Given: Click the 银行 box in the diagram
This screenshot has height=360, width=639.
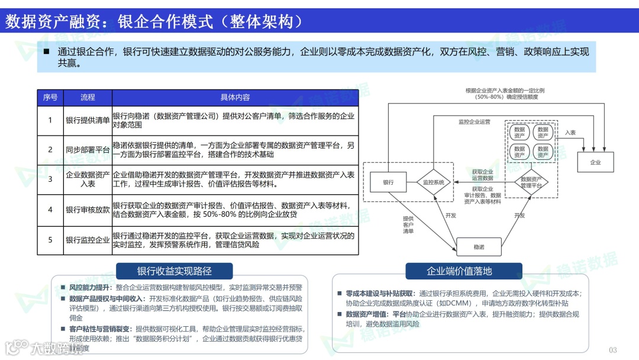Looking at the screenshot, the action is click(x=388, y=182).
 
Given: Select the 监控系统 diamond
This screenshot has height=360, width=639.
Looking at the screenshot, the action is click(x=434, y=182).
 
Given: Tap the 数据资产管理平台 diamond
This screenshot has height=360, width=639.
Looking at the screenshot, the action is click(x=531, y=182).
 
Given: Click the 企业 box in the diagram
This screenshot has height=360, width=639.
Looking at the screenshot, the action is click(x=595, y=162).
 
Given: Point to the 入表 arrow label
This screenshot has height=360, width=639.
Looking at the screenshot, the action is click(x=570, y=133).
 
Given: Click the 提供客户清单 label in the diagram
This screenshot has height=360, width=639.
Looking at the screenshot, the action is click(x=408, y=225).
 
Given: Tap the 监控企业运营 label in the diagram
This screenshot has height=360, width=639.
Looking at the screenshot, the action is click(x=475, y=122).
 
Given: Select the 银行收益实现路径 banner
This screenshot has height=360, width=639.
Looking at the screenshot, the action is click(x=175, y=271).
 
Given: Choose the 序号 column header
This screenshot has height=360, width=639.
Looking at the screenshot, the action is click(x=50, y=97).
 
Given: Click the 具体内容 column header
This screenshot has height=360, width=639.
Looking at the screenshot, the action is click(x=235, y=97).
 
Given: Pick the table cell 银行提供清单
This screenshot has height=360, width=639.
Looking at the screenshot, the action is click(x=88, y=120).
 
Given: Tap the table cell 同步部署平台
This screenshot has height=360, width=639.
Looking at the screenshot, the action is click(x=88, y=150).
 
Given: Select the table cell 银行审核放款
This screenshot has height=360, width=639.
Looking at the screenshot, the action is click(x=88, y=210).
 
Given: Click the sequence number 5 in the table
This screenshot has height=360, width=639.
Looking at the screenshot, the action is click(x=50, y=240).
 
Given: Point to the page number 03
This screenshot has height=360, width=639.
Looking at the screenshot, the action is click(x=612, y=349).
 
